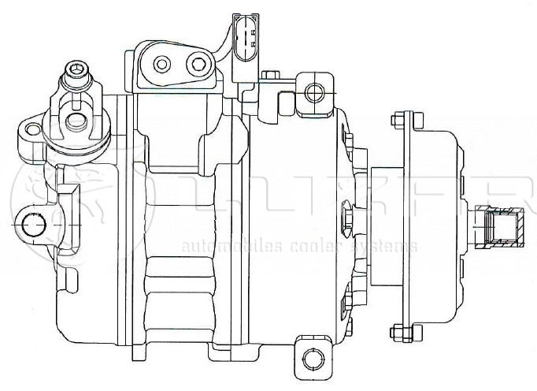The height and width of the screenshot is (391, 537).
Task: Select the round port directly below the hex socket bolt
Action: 76,121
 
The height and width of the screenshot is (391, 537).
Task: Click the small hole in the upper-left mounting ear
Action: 30,130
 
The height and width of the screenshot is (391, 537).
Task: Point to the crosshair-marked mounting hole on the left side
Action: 31,225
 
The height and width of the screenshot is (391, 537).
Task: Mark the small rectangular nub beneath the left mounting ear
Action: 68,193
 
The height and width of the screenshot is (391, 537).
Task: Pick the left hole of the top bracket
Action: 162,62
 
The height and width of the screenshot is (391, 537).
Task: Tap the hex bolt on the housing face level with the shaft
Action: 347,218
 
